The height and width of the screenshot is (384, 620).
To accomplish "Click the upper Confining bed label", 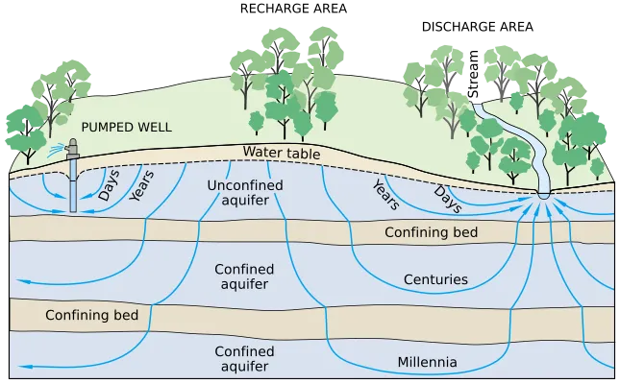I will tap(431, 232).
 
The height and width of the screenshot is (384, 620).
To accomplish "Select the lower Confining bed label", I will tap(91, 315).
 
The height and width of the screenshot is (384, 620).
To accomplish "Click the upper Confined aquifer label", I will tap(241, 276).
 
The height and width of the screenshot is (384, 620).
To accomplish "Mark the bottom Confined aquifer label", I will tap(241, 358).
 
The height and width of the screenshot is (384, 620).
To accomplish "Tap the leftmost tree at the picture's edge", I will tap(20, 130).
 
